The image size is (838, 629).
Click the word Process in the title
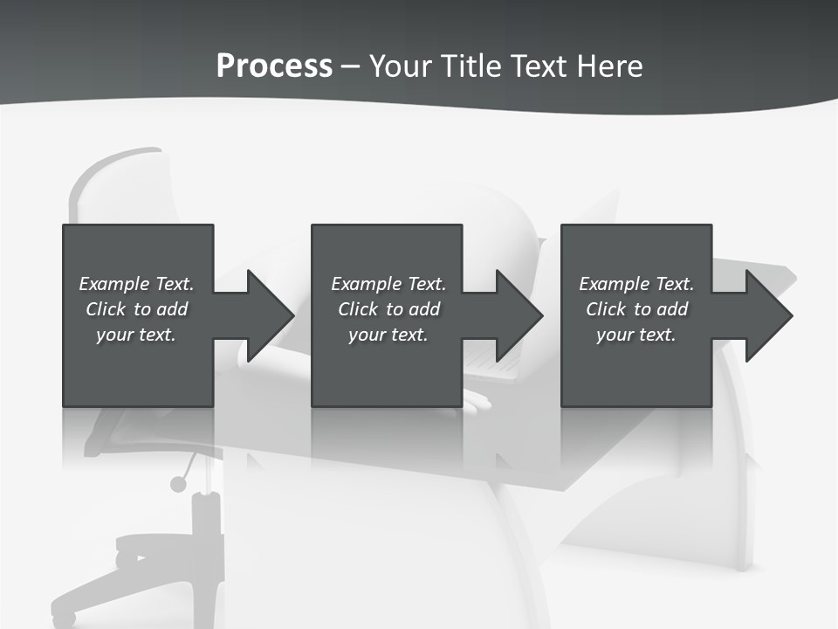coord(274,66)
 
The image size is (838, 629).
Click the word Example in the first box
coord(113,284)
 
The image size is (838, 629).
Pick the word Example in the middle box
coord(366,284)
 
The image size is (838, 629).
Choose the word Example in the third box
coord(614,284)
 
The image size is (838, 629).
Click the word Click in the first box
coord(106,309)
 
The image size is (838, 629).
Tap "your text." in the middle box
coord(388,335)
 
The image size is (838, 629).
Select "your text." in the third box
coord(636,335)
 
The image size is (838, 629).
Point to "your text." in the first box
coord(136,335)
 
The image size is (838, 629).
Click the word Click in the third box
coord(607,309)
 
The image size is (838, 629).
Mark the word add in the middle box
coord(424,309)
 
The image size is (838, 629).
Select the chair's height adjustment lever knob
coord(178,483)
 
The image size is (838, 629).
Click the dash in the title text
coord(350,66)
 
